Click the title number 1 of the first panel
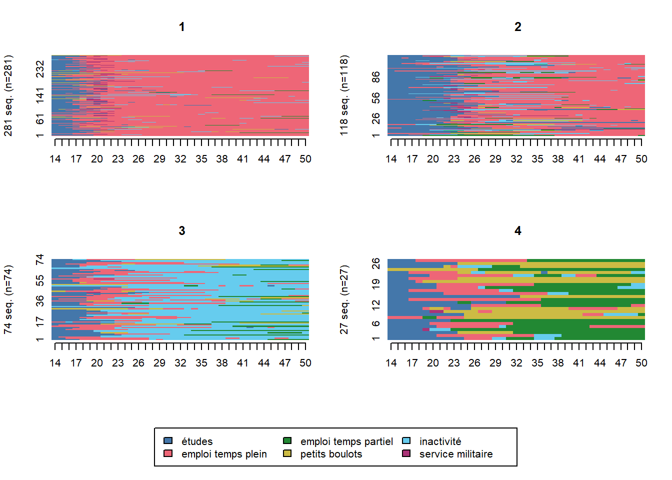click(x=182, y=27)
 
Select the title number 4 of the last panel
click(x=518, y=231)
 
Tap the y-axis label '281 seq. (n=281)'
click(x=8, y=95)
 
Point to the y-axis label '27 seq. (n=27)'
click(x=344, y=299)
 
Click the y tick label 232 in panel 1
click(x=40, y=69)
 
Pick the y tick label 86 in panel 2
click(x=376, y=77)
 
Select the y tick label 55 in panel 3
click(x=40, y=280)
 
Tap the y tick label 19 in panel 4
click(x=376, y=283)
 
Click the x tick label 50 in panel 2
click(x=641, y=159)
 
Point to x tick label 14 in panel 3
click(x=55, y=363)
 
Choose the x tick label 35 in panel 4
click(x=537, y=363)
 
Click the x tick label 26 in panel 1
click(x=138, y=159)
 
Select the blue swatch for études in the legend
click(x=168, y=441)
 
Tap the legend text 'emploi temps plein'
click(x=224, y=454)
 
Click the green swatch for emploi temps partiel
click(x=287, y=441)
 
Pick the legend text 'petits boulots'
click(x=331, y=454)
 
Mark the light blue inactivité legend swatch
click(x=406, y=441)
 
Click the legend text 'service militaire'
click(x=456, y=454)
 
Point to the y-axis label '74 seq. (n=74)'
click(x=8, y=299)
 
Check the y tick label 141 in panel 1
click(x=40, y=95)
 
